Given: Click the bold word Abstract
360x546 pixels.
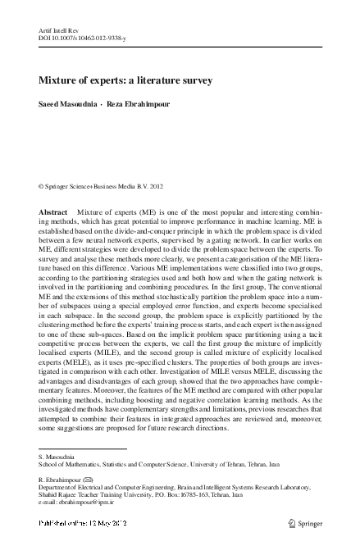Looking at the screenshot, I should (x=53, y=212).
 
